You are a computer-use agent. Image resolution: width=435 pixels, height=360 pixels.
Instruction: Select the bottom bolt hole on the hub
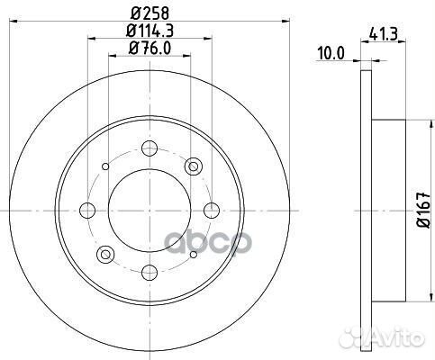[x=150, y=271]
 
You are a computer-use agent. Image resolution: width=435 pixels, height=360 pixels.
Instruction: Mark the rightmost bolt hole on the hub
[x=212, y=210]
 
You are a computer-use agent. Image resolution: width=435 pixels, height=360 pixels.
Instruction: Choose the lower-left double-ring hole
[x=106, y=253]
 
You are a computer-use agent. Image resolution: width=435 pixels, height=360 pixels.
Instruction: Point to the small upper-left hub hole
[x=106, y=166]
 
